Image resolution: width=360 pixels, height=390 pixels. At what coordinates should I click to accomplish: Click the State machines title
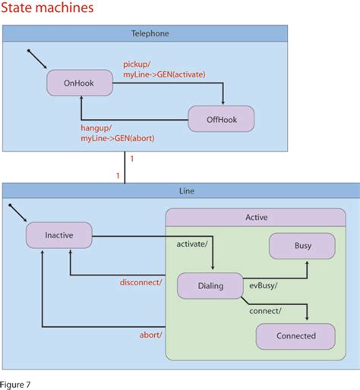click(48, 8)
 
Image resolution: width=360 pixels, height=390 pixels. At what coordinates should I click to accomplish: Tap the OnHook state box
click(79, 83)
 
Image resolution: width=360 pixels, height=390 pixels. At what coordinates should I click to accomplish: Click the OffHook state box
click(221, 119)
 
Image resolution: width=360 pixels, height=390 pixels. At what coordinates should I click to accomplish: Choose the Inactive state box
click(58, 234)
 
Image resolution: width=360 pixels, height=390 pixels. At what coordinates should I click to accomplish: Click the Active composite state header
click(256, 217)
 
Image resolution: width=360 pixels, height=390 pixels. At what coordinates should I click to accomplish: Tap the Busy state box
click(302, 246)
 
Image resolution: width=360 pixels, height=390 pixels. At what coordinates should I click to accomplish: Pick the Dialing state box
click(210, 286)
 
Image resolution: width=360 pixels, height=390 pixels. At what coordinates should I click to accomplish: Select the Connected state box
click(295, 335)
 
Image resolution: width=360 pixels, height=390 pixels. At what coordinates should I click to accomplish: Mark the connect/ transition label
click(265, 311)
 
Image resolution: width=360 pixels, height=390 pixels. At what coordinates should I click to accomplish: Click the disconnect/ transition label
click(141, 282)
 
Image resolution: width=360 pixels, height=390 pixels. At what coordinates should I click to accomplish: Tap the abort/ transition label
click(150, 335)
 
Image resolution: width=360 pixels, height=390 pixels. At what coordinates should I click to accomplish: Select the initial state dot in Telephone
click(28, 52)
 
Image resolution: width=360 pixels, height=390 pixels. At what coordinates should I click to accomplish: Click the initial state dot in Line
click(9, 205)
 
